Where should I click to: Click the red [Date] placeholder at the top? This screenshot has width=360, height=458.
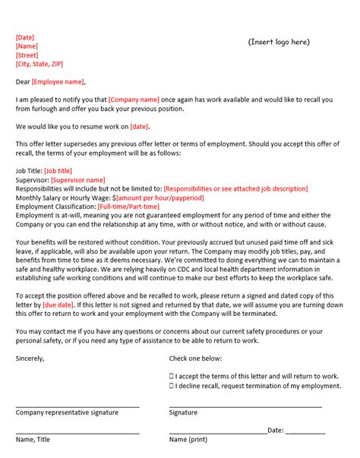tap(25, 37)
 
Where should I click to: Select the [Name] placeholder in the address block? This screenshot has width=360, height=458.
tap(27, 46)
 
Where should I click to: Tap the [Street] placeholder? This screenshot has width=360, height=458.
tap(27, 55)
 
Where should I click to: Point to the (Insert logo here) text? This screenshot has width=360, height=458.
tap(279, 42)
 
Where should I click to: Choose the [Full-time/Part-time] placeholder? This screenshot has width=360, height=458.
tap(128, 207)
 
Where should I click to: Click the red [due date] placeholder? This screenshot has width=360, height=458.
tap(58, 304)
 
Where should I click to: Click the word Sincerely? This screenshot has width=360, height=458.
tap(31, 358)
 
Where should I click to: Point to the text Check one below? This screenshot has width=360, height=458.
tap(195, 358)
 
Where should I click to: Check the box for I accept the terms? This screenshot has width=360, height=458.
tap(171, 376)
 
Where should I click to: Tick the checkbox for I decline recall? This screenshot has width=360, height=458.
tap(171, 386)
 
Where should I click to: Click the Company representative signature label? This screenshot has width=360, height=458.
tap(67, 412)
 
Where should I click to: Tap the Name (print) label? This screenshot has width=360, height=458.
tap(188, 439)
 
